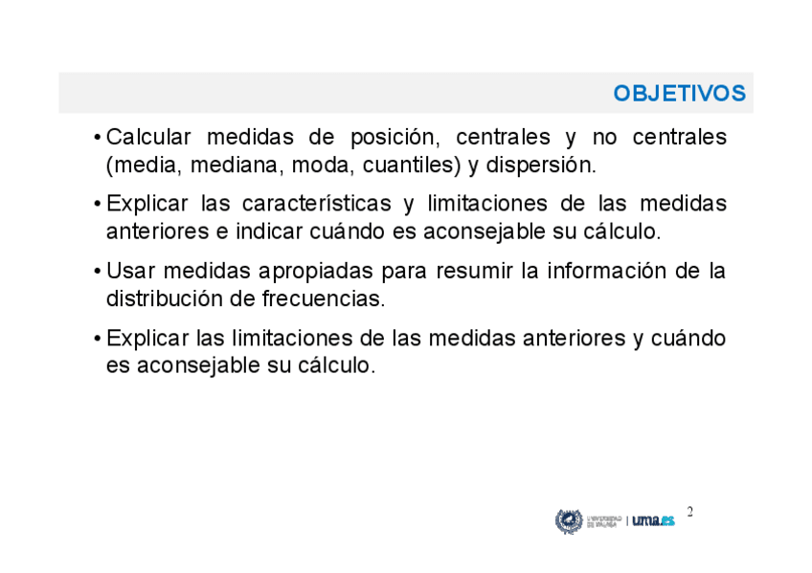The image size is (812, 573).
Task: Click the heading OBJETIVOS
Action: point(680,94)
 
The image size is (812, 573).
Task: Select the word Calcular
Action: point(148,137)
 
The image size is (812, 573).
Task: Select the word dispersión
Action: point(541,166)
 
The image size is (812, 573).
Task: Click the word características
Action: point(316,204)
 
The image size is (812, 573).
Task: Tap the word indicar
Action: point(269,231)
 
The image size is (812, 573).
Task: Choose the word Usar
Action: point(130,271)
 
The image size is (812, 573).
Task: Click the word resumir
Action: point(474,271)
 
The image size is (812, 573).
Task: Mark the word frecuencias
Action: point(324,298)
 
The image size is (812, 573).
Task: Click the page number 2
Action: point(689,512)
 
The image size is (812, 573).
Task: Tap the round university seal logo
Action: point(569,521)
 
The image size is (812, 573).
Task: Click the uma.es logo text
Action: point(654,520)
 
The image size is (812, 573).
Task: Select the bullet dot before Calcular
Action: point(97,138)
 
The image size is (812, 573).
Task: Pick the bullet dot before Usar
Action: point(97,272)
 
